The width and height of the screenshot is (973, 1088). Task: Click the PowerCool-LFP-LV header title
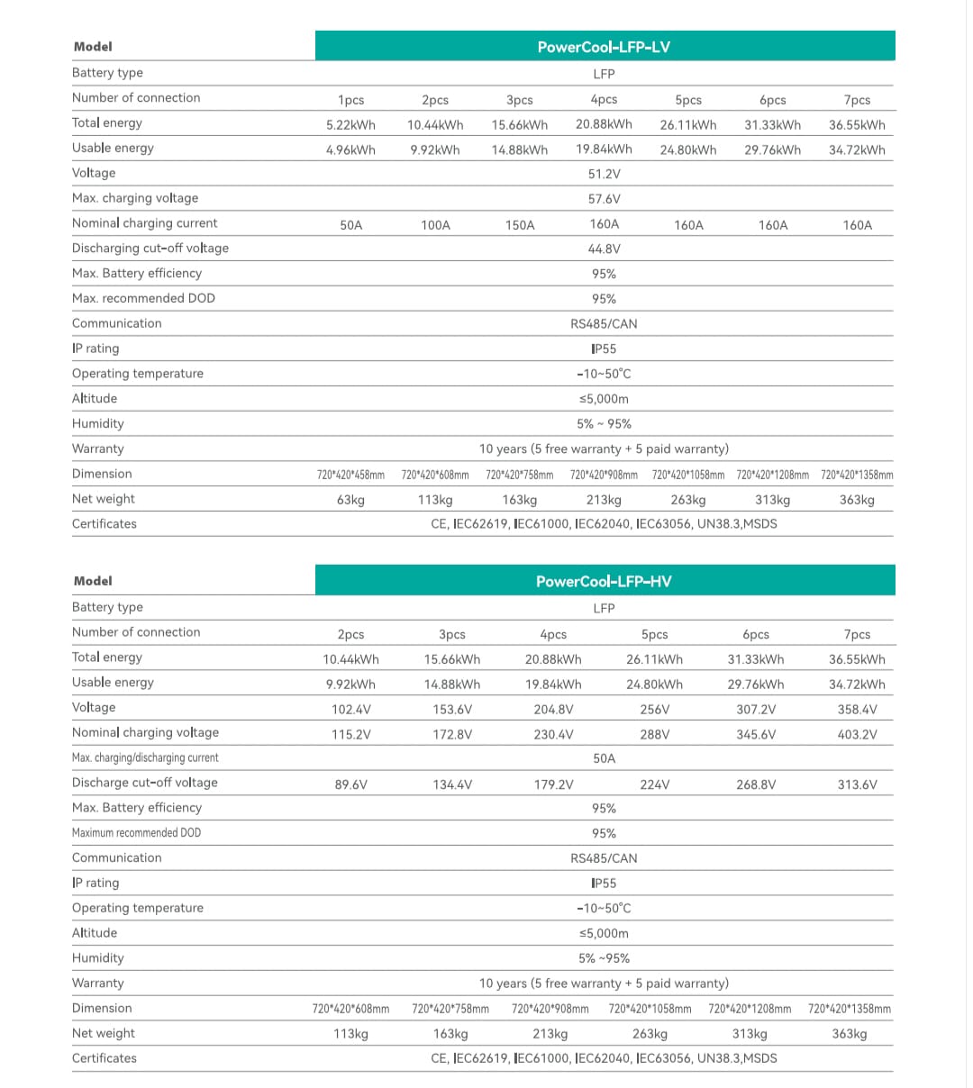pyautogui.click(x=604, y=47)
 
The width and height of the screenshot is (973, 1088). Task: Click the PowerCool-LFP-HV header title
pyautogui.click(x=604, y=582)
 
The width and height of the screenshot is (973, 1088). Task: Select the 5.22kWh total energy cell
pyautogui.click(x=350, y=125)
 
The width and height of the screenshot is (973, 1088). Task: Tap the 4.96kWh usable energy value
pyautogui.click(x=350, y=150)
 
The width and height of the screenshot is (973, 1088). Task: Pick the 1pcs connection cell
pyautogui.click(x=350, y=100)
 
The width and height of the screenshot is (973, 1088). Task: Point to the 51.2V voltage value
pyautogui.click(x=604, y=175)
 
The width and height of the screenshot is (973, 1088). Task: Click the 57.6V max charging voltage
pyautogui.click(x=604, y=200)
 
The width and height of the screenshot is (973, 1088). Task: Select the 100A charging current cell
pyautogui.click(x=435, y=225)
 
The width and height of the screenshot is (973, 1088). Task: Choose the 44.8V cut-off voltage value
pyautogui.click(x=604, y=249)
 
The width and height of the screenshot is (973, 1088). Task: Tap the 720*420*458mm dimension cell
pyautogui.click(x=350, y=475)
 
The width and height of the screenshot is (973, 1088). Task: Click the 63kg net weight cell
pyautogui.click(x=350, y=500)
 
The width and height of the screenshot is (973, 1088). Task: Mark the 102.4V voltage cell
pyautogui.click(x=350, y=710)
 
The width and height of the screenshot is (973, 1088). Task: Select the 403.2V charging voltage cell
pyautogui.click(x=857, y=735)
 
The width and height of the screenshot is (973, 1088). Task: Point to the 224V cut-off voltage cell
pyautogui.click(x=654, y=785)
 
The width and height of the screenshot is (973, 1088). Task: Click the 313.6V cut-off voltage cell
pyautogui.click(x=857, y=785)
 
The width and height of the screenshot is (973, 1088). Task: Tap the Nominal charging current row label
pyautogui.click(x=144, y=223)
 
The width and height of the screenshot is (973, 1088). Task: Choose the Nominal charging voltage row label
pyautogui.click(x=145, y=733)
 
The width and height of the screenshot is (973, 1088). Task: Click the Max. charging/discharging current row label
pyautogui.click(x=145, y=758)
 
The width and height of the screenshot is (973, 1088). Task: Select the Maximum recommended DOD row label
pyautogui.click(x=136, y=833)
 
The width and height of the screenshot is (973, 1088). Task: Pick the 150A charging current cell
pyautogui.click(x=520, y=225)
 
